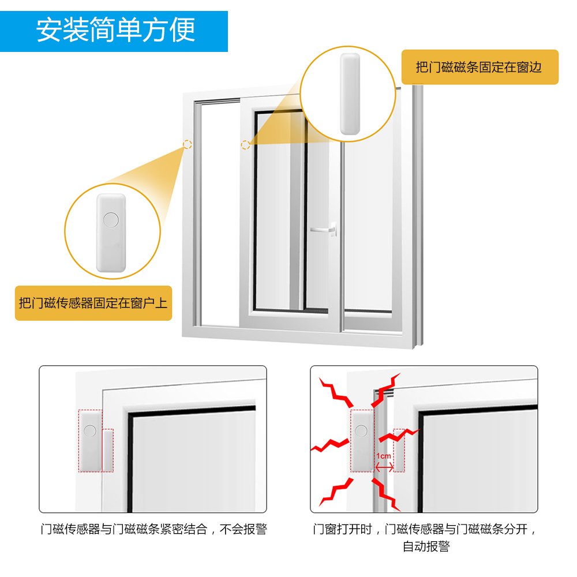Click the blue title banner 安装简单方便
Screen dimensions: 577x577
tap(114, 31)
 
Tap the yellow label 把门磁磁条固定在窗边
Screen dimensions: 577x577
tap(479, 67)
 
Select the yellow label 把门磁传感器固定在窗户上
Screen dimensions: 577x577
tap(93, 303)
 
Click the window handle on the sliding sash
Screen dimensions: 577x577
tap(324, 229)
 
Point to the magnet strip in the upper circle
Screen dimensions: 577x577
tap(350, 94)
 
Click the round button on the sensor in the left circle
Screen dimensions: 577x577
tap(111, 220)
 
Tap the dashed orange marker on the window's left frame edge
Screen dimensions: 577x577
tap(188, 144)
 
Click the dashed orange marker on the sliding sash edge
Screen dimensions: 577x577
tap(245, 145)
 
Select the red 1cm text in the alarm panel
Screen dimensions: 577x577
tap(384, 456)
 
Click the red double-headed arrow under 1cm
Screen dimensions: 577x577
tap(384, 467)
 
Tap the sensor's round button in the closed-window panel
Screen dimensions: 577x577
tap(90, 431)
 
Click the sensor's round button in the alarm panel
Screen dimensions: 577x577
tap(361, 431)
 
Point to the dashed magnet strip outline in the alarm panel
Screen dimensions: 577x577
tap(399, 450)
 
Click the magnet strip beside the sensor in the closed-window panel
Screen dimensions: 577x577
tap(107, 450)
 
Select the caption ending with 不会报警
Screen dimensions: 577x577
tap(154, 529)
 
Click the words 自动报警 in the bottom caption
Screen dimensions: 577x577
tap(426, 546)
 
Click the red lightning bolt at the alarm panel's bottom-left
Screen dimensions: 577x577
tap(336, 492)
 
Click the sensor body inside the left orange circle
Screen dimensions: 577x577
tap(111, 233)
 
